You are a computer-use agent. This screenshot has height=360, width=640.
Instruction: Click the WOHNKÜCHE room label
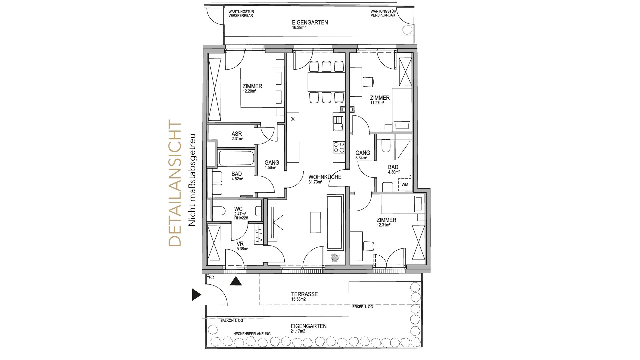pos(325,177)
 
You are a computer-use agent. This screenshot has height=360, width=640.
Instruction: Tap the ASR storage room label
pos(237,134)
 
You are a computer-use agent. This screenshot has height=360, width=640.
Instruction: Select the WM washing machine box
pos(405,185)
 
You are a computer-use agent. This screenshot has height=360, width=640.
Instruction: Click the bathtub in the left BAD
pos(236,159)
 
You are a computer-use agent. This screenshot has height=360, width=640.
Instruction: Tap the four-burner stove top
pos(339,147)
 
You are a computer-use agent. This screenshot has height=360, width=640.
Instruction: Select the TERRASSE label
pos(304,294)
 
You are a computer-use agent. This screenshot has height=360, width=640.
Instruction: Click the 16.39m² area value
pos(299,28)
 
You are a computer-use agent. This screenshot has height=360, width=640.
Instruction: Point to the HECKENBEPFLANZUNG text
pos(252,334)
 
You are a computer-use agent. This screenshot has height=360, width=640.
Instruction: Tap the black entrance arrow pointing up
pos(236,281)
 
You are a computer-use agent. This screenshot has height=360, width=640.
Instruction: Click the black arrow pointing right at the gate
pos(197,295)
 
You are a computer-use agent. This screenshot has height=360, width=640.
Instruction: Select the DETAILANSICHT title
pos(175,183)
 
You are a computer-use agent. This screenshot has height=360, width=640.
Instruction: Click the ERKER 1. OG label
pos(363,307)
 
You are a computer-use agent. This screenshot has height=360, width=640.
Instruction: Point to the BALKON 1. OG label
pos(232,321)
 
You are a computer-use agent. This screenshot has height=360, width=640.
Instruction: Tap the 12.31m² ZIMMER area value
pos(383,225)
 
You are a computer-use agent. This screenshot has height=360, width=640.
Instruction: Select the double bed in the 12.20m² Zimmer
pos(262,88)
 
